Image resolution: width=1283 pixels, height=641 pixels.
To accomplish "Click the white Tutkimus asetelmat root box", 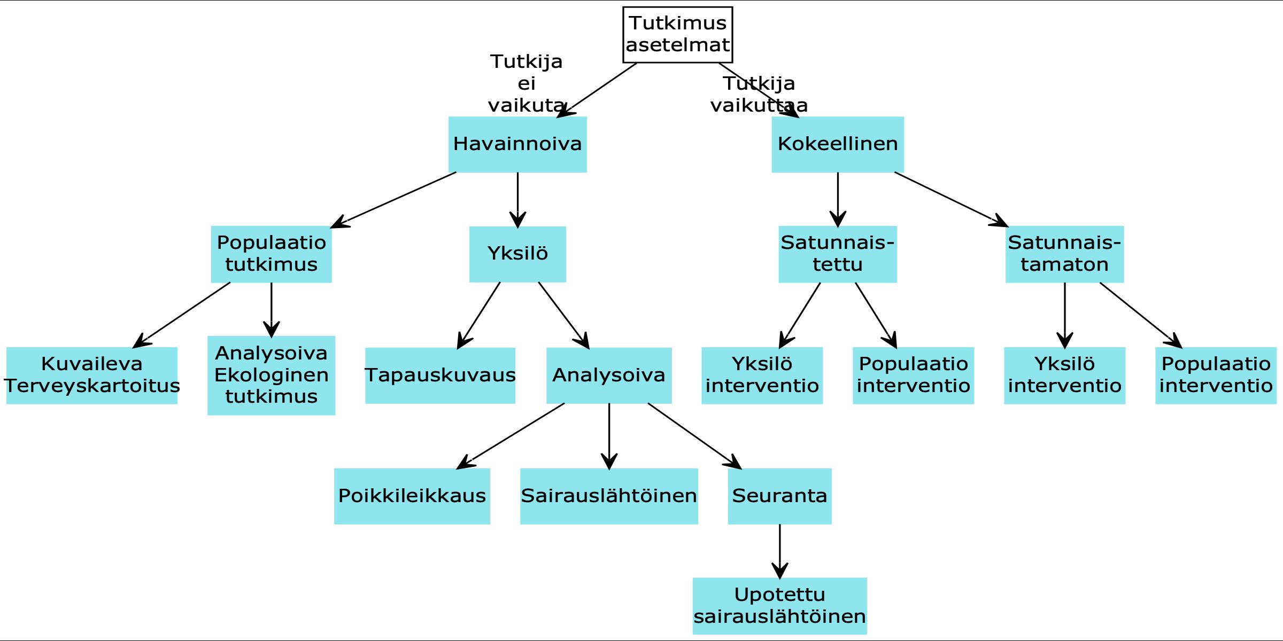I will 677,35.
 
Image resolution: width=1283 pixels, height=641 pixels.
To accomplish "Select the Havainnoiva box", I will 517,144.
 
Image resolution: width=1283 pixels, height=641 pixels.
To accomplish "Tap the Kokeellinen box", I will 837,144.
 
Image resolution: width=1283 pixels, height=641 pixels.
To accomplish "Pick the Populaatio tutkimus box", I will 271,254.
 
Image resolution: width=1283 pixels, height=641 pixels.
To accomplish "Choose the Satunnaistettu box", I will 837,254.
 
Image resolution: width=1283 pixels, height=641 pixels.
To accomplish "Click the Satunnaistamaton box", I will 1064,254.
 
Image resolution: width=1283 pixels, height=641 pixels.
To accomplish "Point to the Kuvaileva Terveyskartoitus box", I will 92,376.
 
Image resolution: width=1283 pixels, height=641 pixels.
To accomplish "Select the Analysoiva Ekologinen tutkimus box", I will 271,376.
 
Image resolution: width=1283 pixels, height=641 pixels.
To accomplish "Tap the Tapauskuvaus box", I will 440,376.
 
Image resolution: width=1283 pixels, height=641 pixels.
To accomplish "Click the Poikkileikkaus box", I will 412,496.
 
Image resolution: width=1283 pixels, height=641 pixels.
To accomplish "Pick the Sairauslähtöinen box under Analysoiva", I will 609,496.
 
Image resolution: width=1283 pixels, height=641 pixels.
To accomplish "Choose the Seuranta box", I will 779,496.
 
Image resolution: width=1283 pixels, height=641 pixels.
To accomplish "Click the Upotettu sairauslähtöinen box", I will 779,606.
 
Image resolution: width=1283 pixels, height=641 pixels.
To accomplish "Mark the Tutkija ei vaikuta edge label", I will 527,84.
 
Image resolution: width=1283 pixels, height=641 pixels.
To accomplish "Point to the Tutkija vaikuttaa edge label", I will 759,95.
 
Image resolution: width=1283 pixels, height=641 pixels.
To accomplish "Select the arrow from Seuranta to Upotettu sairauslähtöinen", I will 779,550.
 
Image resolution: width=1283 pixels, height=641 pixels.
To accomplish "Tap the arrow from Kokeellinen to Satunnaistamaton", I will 950,199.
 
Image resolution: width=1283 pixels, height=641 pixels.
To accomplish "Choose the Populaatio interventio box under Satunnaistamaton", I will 1216,376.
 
